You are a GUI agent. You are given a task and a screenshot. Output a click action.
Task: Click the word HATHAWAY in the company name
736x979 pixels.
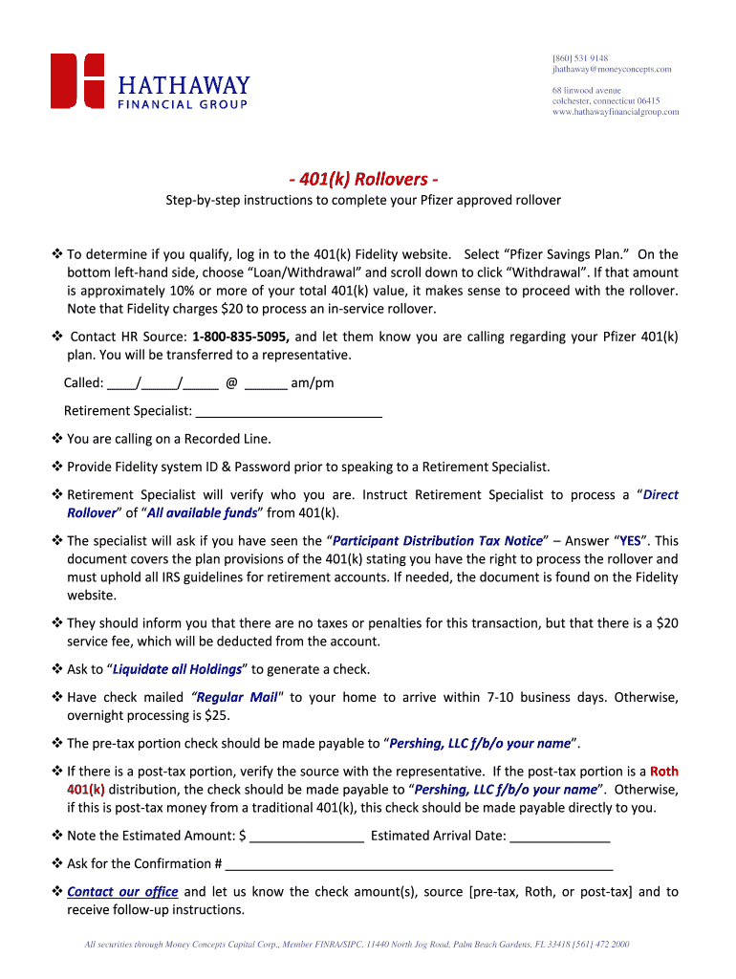click(x=184, y=85)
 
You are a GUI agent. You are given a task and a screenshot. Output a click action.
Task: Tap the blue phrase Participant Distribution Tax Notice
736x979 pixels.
click(x=438, y=540)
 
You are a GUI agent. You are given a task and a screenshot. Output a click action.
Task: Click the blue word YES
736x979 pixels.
click(x=630, y=540)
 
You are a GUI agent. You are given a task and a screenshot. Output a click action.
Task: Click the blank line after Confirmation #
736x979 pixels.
click(x=418, y=864)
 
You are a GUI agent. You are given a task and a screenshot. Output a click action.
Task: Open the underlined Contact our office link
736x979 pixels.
click(x=122, y=892)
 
